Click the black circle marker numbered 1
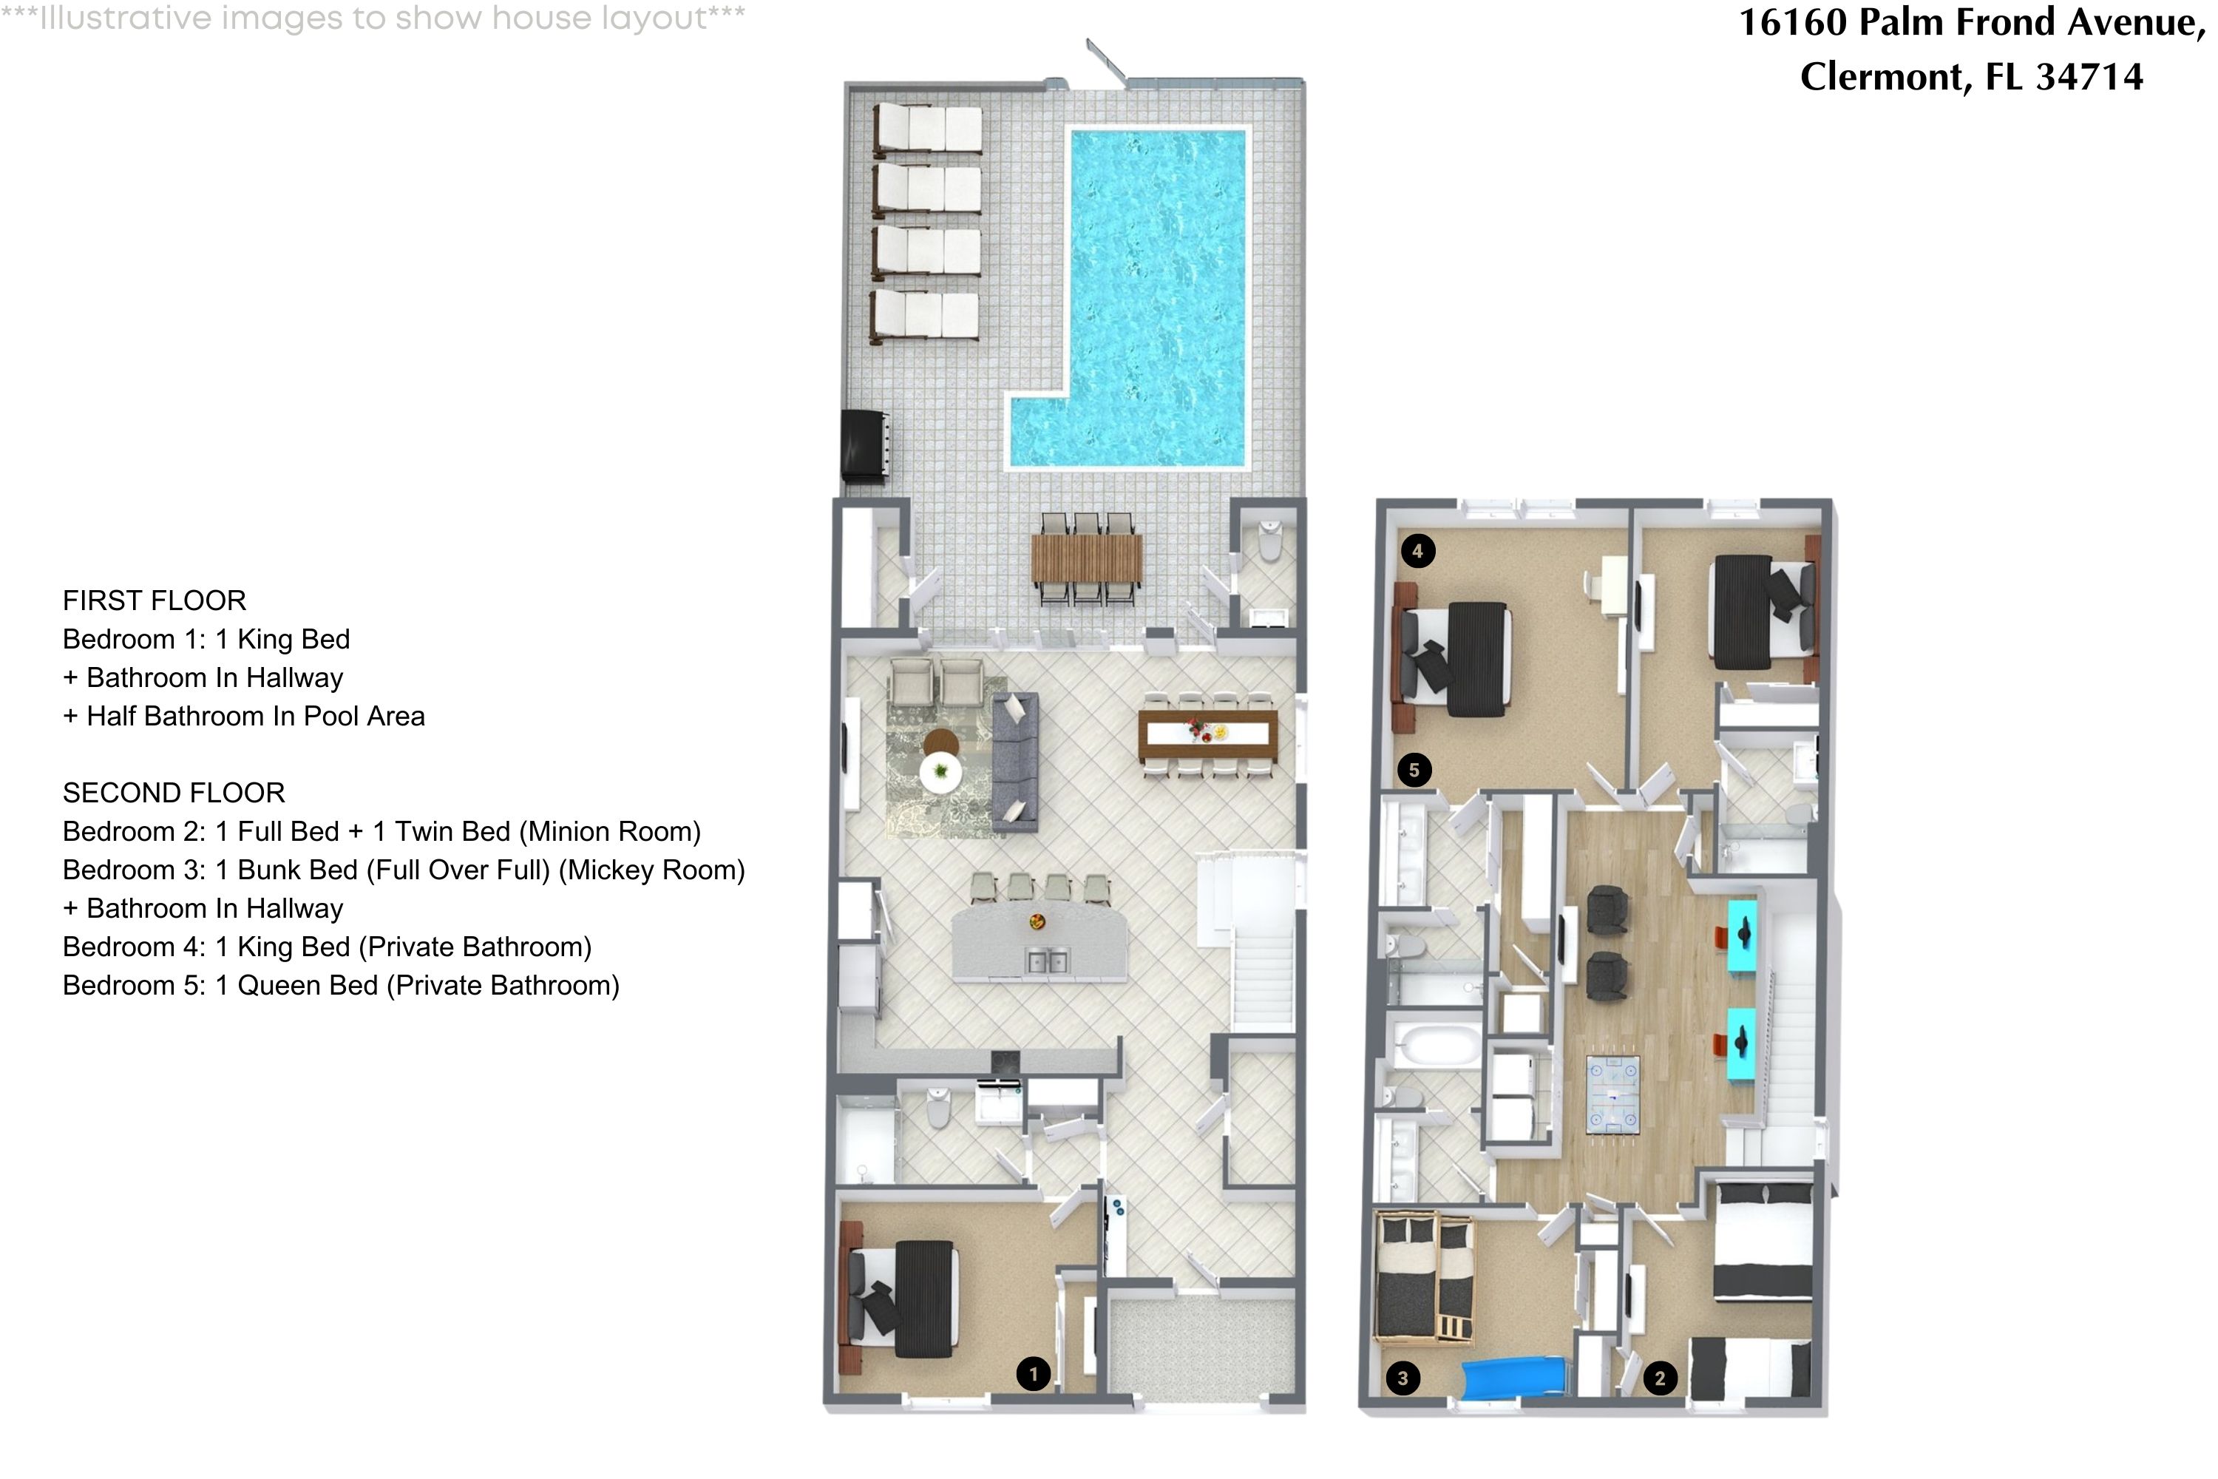pos(1033,1373)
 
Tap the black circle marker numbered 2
pos(1660,1378)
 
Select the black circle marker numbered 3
pos(1403,1378)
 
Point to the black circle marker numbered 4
pos(1417,550)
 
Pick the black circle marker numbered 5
pos(1414,770)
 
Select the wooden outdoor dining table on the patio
pos(1086,558)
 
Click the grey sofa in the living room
pos(1014,760)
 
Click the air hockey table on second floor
pos(1612,1095)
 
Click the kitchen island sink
pos(1047,961)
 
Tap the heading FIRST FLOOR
pos(155,600)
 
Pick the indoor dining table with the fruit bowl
pos(1208,735)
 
